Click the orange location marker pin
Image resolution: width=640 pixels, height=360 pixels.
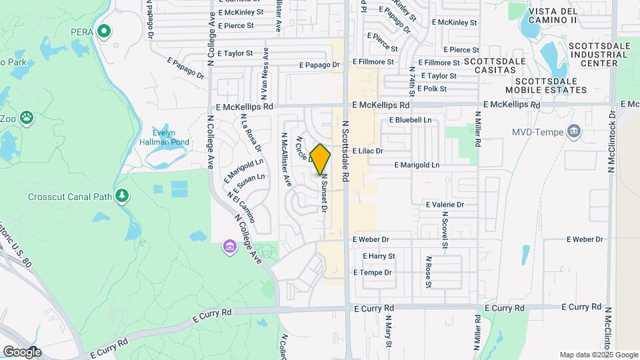coord(321,159)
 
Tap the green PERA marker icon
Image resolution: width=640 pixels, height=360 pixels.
coord(104,31)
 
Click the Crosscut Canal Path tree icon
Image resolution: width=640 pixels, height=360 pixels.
coord(121,195)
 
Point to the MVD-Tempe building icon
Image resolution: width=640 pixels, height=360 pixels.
coord(573,131)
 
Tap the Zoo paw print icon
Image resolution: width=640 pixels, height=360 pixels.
coord(26,119)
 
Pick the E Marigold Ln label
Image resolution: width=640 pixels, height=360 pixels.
coord(417,165)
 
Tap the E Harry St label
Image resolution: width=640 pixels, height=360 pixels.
coord(379,256)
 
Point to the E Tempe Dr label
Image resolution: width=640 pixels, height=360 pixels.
coord(372,272)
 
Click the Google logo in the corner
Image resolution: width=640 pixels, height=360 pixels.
coord(21,351)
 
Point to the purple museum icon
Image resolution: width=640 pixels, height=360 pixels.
coord(229,247)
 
